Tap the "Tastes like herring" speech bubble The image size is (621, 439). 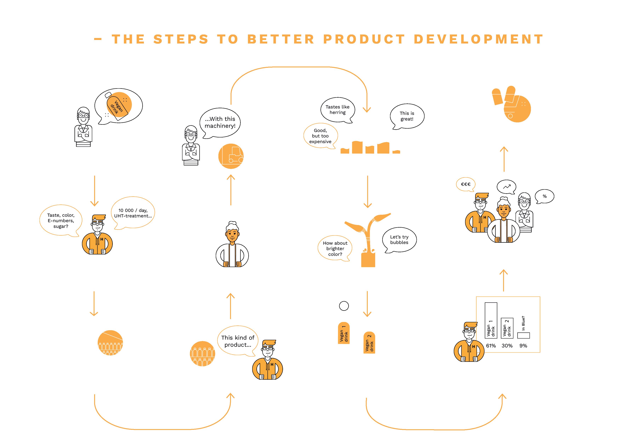click(x=337, y=109)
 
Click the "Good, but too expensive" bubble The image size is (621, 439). click(x=320, y=136)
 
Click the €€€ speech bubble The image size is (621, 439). click(x=465, y=184)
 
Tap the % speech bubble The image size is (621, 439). click(x=544, y=196)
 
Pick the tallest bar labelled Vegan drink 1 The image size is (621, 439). click(x=491, y=320)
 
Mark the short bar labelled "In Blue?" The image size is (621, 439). click(x=523, y=335)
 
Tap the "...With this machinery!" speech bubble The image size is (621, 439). click(x=220, y=122)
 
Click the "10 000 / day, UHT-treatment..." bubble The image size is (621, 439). click(x=133, y=213)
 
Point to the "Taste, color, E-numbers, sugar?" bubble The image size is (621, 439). click(x=61, y=221)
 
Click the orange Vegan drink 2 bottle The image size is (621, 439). click(x=369, y=342)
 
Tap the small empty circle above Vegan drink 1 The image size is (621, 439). click(x=344, y=306)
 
